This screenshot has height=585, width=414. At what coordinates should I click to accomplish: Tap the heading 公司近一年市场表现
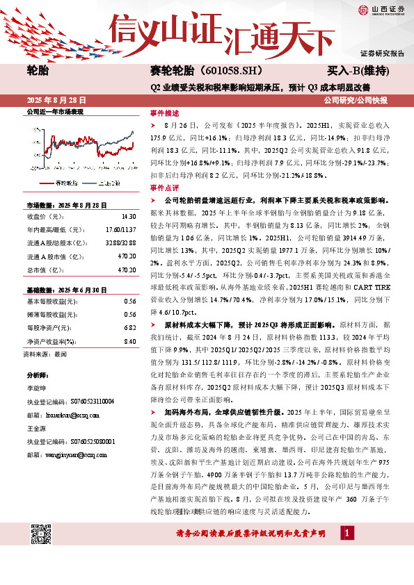(x=54, y=112)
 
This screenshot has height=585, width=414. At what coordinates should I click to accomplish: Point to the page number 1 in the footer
(x=346, y=532)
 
